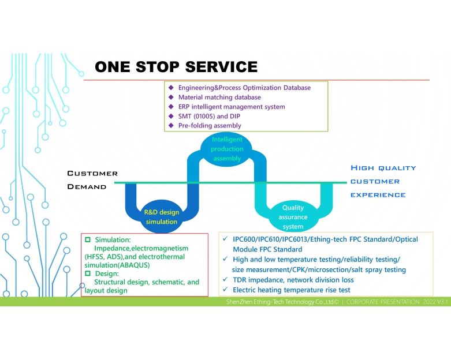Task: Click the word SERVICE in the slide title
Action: click(220, 67)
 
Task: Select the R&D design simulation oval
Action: click(162, 216)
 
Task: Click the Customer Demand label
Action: click(92, 180)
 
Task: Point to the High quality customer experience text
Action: click(383, 181)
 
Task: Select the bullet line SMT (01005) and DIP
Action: click(210, 116)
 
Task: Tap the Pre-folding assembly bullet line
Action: click(210, 125)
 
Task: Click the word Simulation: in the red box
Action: click(113, 239)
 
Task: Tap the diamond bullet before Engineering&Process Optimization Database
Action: click(171, 88)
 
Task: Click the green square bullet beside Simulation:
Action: click(88, 239)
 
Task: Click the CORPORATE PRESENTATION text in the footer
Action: click(382, 302)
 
